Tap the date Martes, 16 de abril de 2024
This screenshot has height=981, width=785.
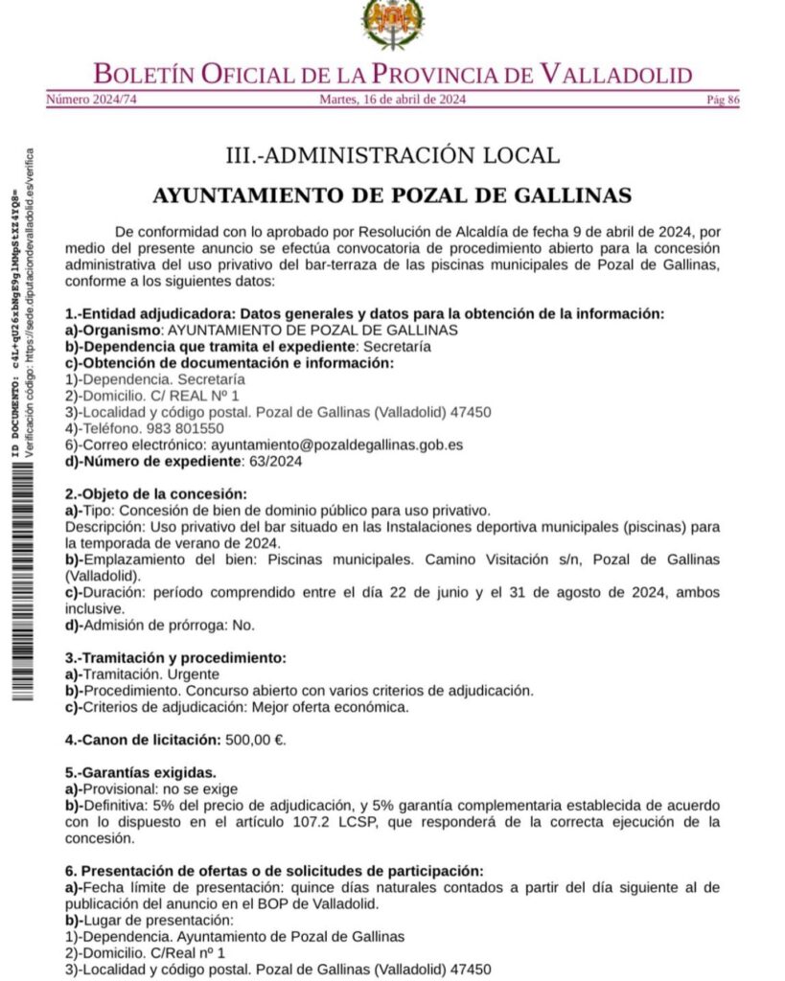[x=392, y=99]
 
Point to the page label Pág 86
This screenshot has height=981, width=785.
[x=722, y=99]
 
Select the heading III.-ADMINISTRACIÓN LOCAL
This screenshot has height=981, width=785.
[x=392, y=155]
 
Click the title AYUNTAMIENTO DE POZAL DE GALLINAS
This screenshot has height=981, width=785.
[x=392, y=195]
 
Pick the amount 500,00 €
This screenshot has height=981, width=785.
[x=255, y=740]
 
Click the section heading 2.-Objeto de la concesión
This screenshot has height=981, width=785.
[x=156, y=493]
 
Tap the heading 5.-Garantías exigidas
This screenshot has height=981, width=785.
[x=140, y=772]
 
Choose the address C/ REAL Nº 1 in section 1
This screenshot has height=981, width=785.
[x=192, y=395]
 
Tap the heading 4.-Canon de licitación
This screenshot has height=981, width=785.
[x=142, y=740]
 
